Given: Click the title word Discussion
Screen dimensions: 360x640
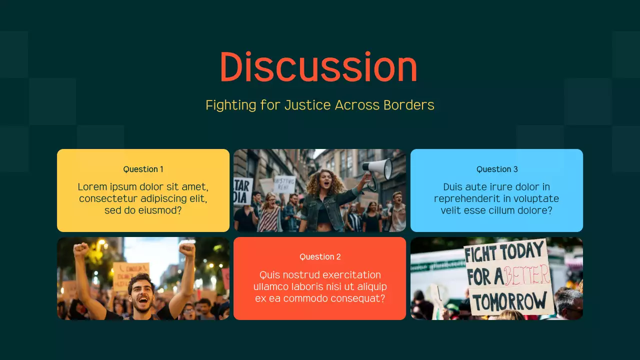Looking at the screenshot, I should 318,67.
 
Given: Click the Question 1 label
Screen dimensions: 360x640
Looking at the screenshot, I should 143,169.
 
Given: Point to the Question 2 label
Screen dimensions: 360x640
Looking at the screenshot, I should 320,256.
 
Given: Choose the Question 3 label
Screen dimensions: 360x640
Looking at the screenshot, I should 496,169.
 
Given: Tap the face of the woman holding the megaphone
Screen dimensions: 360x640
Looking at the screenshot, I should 326,180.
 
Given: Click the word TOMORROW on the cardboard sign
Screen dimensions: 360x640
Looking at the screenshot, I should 509,301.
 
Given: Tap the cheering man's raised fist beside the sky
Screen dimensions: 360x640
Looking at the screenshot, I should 187,248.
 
